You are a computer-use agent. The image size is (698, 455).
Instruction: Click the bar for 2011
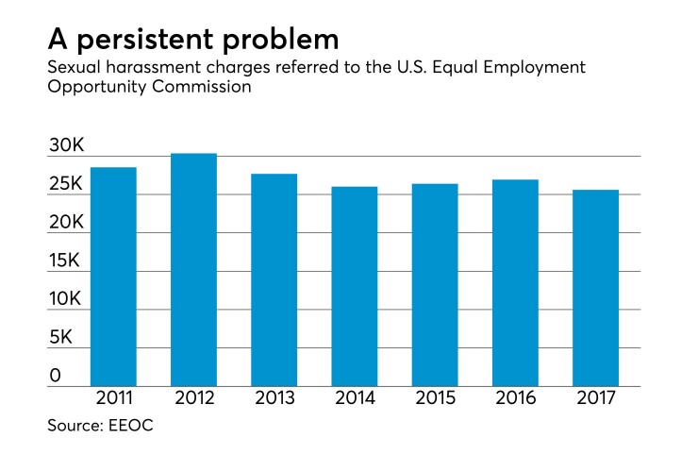point(113,277)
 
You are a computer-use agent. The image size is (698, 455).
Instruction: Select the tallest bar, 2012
point(193,270)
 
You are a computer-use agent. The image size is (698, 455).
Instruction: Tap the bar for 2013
point(274,280)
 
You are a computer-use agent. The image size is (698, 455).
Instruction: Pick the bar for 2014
point(354,286)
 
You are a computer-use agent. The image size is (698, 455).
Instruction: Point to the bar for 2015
point(435,285)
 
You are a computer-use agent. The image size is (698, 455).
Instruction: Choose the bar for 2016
point(515,283)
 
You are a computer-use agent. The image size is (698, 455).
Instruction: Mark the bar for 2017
point(595,288)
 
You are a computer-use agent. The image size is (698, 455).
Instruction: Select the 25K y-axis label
point(68,184)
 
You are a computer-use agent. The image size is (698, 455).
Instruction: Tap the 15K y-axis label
point(68,261)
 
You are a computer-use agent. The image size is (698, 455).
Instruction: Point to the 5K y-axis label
point(62,338)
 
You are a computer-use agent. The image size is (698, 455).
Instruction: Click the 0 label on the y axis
point(55,376)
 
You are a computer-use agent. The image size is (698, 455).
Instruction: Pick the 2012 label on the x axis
point(193,398)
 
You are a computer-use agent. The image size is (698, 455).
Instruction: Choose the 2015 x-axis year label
point(435,398)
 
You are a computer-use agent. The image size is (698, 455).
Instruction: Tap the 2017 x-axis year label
point(595,398)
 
